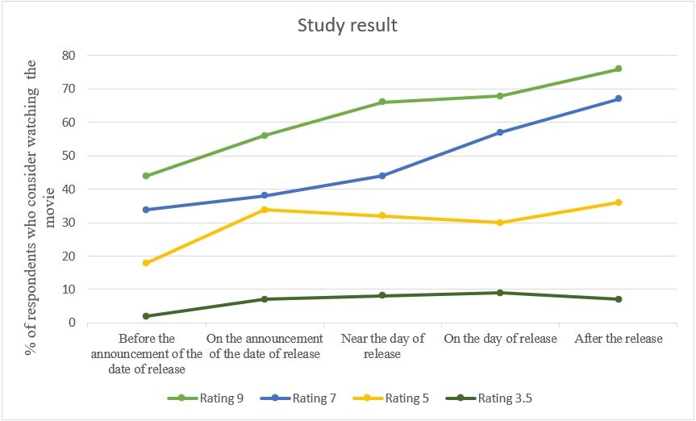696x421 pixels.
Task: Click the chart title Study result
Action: click(347, 25)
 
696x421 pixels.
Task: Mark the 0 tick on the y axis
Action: click(73, 323)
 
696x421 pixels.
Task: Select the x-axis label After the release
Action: click(619, 339)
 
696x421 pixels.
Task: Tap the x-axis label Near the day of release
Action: click(383, 346)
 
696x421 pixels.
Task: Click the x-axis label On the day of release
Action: click(500, 339)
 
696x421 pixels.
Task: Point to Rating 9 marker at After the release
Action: click(619, 69)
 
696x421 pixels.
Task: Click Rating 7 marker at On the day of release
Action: click(500, 132)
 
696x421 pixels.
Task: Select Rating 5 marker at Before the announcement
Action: click(147, 263)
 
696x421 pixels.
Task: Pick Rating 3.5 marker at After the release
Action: click(619, 299)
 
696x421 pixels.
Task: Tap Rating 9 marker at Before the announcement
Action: click(147, 176)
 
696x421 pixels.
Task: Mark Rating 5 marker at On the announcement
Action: click(265, 210)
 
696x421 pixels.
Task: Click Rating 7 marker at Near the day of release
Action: click(382, 176)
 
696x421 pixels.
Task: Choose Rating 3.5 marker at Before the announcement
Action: click(147, 316)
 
